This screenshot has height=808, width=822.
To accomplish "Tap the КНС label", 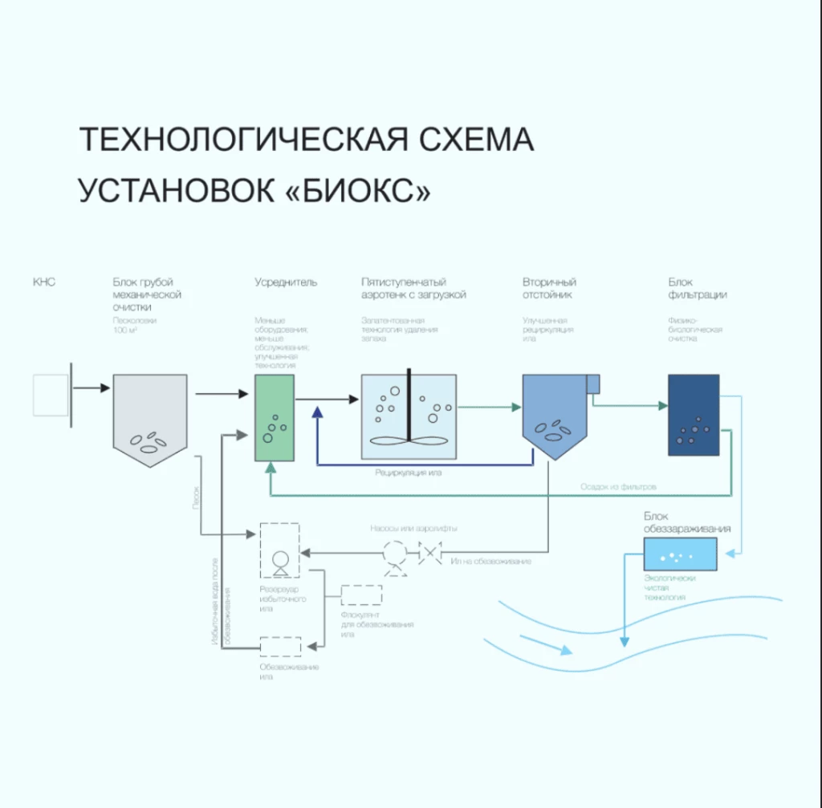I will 44,282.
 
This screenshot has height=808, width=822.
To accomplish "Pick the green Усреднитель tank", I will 275,417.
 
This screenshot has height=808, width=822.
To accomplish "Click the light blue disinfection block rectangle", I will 680,554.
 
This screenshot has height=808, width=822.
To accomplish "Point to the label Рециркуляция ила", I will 409,473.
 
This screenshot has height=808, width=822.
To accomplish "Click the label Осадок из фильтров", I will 619,487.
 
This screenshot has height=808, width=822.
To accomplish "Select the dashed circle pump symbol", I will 394,553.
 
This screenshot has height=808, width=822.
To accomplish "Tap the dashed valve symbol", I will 431,552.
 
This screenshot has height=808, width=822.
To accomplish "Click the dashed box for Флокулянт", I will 361,595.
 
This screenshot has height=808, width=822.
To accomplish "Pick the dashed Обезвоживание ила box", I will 280,646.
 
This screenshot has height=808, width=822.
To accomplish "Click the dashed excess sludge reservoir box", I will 279,550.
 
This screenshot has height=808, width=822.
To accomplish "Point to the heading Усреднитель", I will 286,282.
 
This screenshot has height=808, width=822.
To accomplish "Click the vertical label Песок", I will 195,495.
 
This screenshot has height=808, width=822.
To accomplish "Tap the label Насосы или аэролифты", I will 413,529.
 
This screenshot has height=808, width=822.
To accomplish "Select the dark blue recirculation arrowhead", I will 317,412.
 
